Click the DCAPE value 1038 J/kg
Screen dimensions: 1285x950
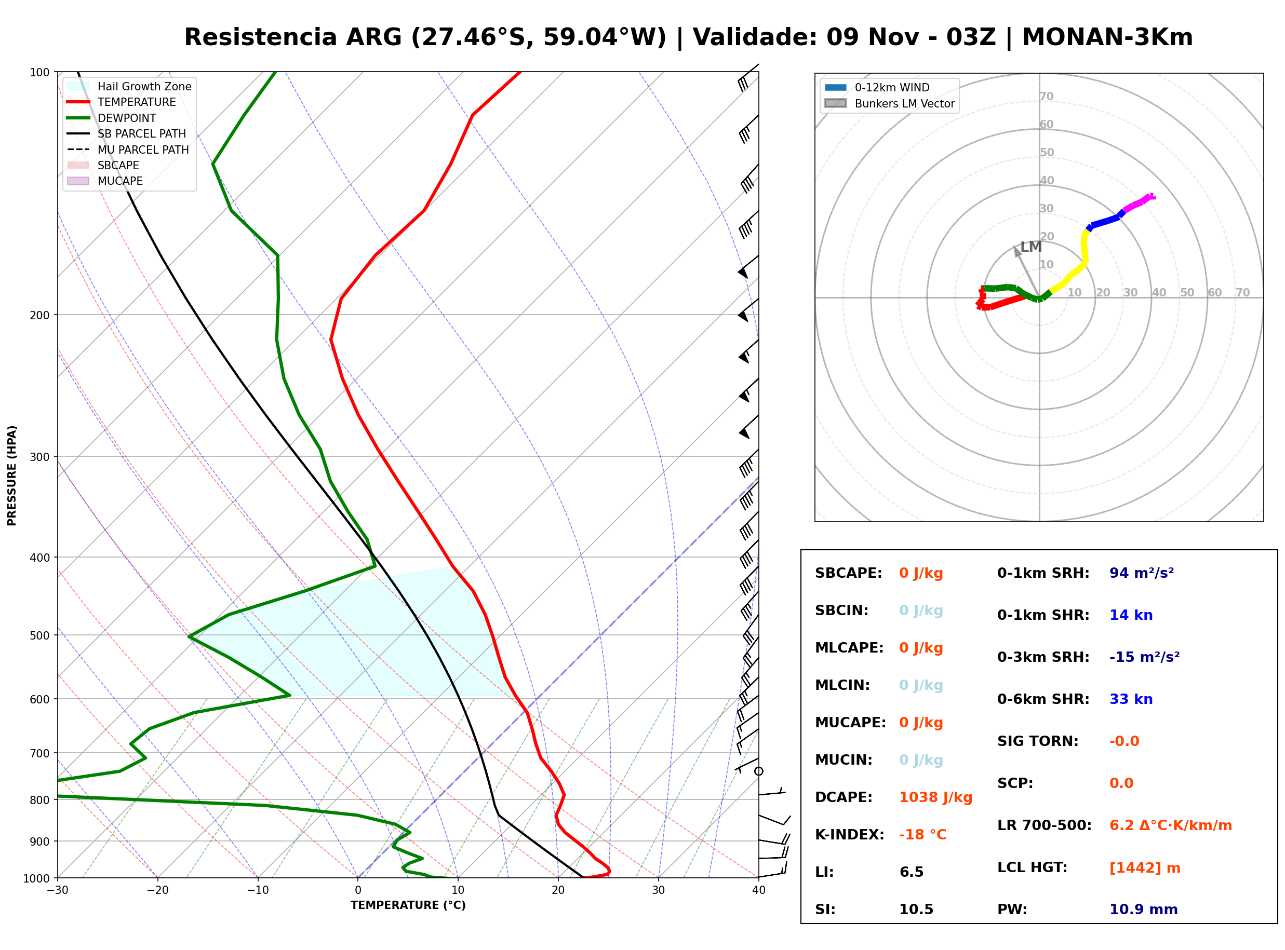936,797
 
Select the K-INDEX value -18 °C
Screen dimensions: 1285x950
922,835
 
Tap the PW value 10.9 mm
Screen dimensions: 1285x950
1144,910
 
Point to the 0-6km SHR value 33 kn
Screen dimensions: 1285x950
1131,699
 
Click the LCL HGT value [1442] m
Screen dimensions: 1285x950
1145,868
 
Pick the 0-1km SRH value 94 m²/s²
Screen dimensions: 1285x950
1142,573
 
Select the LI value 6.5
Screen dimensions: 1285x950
912,872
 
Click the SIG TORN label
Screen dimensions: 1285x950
1038,741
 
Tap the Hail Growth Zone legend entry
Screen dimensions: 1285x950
129,86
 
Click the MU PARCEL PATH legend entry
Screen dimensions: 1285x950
128,150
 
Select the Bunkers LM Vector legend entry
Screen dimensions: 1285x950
889,103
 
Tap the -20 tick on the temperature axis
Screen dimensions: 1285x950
157,890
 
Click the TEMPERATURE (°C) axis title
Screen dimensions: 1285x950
408,905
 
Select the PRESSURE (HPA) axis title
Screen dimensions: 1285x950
12,476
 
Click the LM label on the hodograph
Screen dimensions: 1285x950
1031,247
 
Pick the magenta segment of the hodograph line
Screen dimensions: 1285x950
1139,203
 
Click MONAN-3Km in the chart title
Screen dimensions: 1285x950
1107,37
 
